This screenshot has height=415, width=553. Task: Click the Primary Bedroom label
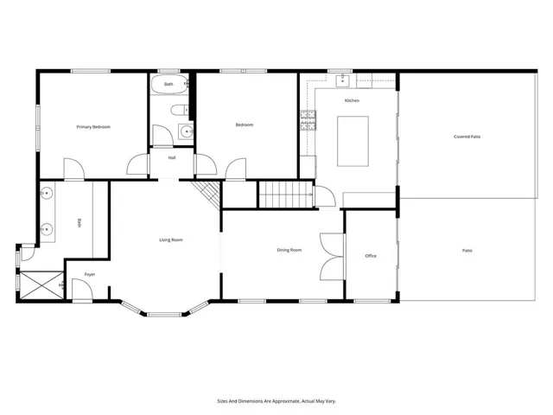coord(93,127)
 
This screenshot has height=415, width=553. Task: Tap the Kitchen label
coord(352,100)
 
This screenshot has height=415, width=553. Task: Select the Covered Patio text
coord(467,137)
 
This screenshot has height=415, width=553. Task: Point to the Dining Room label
coord(289,250)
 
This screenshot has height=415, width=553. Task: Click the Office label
coord(371,256)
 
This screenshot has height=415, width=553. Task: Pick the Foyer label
coord(90,274)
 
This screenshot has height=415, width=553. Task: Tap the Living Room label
coord(171,240)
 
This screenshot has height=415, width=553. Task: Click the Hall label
coord(172,157)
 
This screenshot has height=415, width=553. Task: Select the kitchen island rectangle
coord(353,141)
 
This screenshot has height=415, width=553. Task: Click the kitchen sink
coord(342,80)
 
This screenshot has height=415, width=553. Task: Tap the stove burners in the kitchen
coord(308,120)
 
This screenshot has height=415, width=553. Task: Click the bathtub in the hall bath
coord(169,85)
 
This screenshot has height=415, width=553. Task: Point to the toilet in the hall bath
coord(181,110)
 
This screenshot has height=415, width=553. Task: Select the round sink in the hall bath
coord(186,131)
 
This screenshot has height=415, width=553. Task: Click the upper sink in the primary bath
coord(46,193)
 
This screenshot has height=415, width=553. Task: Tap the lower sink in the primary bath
coord(46,229)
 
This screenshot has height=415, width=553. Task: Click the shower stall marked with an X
coord(41,285)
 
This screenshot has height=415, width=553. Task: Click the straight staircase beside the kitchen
coord(286,195)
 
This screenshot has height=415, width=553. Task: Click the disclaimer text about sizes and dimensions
coord(276,401)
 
